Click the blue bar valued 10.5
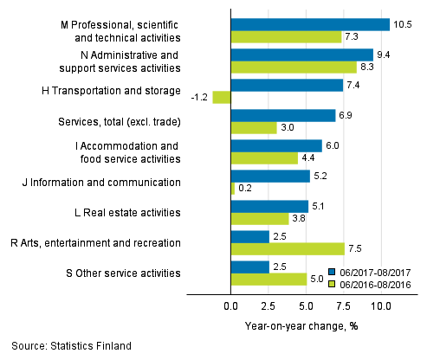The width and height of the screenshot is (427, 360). [x=310, y=24]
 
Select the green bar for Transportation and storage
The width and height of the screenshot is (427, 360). [x=222, y=98]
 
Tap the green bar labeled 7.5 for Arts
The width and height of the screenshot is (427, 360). [x=288, y=249]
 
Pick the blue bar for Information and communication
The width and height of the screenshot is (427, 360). [x=270, y=176]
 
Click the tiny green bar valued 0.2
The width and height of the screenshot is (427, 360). [x=233, y=189]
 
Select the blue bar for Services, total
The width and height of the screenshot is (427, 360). [x=283, y=115]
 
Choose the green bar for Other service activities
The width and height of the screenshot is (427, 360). [x=268, y=280]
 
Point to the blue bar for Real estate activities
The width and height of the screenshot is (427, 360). [x=269, y=206]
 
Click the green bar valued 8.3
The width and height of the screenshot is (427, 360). [x=294, y=67]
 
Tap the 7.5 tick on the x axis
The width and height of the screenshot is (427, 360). [x=344, y=306]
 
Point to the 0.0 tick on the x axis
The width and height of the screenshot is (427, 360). [x=231, y=306]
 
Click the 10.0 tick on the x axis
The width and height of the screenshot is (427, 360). [x=381, y=306]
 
